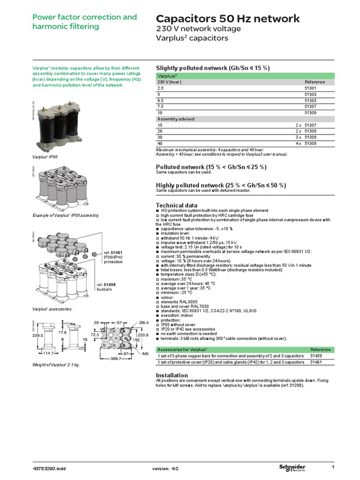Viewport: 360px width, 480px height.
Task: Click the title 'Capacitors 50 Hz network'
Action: pyautogui.click(x=227, y=19)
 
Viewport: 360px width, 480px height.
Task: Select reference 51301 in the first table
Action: pyautogui.click(x=311, y=88)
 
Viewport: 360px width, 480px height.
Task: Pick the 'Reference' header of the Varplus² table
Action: pyautogui.click(x=315, y=82)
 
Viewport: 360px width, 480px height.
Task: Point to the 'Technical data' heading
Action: pyautogui.click(x=176, y=205)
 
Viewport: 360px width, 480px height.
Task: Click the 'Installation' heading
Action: pyautogui.click(x=172, y=375)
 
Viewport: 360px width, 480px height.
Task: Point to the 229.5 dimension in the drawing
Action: pyautogui.click(x=38, y=336)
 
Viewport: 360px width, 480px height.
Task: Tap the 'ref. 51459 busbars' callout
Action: pyautogui.click(x=106, y=287)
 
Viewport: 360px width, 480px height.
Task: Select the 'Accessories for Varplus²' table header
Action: pyautogui.click(x=182, y=349)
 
